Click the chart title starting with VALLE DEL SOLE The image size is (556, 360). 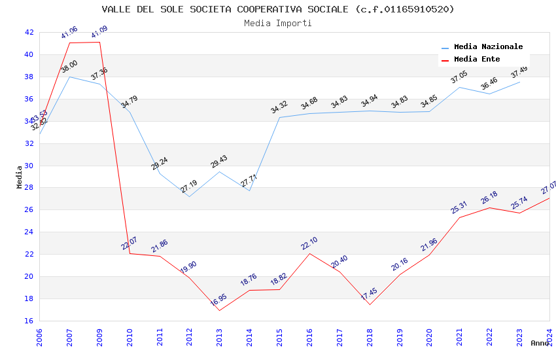(278, 9)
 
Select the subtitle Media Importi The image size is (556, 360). (278, 23)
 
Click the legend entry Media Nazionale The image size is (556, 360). (488, 47)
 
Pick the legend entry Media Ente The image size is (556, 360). (477, 60)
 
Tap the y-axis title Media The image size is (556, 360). (20, 177)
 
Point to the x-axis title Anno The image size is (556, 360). (540, 343)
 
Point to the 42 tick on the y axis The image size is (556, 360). (29, 32)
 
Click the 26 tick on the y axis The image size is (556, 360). (29, 210)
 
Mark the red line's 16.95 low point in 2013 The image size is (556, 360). (219, 310)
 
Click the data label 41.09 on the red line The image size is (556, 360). (99, 32)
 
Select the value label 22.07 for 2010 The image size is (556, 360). (130, 243)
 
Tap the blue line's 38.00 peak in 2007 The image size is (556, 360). (69, 77)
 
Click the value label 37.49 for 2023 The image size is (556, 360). (519, 71)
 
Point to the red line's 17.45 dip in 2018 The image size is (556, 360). (370, 304)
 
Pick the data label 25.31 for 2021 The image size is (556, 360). (459, 207)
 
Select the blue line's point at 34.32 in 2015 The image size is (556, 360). (279, 118)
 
